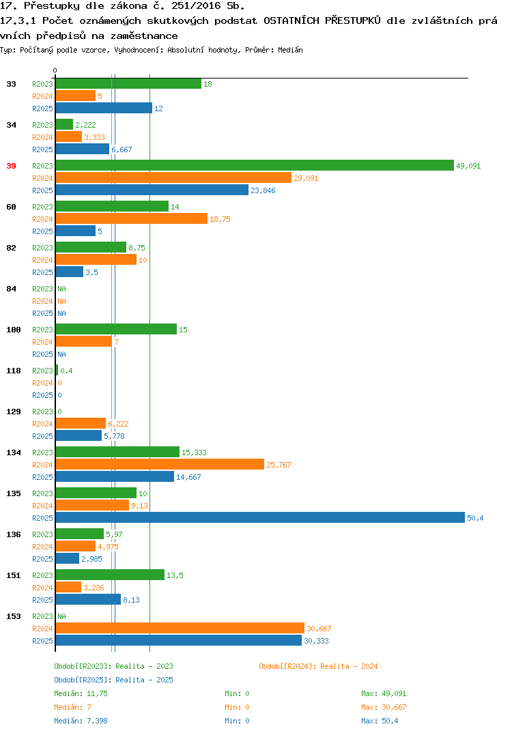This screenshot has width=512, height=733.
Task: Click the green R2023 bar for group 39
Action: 255,165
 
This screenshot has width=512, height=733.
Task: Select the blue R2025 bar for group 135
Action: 261,517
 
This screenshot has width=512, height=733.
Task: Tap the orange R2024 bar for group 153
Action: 180,629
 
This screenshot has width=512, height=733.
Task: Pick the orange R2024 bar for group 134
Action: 160,464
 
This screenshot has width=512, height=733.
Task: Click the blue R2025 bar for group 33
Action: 104,108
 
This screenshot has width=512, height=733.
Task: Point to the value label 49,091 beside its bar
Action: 468,166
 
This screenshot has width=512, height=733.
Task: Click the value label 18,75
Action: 220,219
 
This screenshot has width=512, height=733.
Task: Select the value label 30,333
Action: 316,641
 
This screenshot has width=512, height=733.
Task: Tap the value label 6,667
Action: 122,149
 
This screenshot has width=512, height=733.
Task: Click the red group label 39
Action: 11,166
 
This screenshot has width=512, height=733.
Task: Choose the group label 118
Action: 14,371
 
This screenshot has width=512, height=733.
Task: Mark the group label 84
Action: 11,289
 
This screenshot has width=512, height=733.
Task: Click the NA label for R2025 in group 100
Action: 61,354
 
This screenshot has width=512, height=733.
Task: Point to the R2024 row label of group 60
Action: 42,219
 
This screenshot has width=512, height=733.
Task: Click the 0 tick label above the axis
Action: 55,70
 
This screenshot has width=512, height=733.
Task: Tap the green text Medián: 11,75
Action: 81,693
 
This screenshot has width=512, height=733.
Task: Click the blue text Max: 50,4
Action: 380,721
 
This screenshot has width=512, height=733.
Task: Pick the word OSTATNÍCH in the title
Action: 291,20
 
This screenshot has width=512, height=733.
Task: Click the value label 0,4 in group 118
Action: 66,371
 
